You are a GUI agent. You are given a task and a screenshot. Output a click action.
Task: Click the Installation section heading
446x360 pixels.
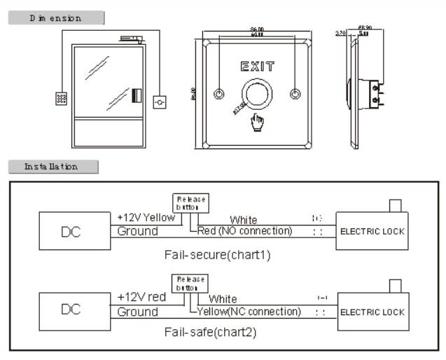[x=53, y=167]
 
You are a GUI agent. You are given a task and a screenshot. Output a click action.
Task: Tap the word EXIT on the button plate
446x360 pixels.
[x=258, y=67]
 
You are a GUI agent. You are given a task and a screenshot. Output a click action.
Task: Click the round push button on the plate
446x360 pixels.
[x=258, y=93]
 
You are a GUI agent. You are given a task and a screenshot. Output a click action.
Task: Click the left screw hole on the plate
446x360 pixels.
[x=220, y=94]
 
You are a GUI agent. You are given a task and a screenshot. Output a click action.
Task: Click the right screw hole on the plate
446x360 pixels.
[x=295, y=94]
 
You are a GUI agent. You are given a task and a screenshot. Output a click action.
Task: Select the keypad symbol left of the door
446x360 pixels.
[x=62, y=99]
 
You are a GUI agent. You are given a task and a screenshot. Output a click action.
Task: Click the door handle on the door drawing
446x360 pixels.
[x=137, y=96]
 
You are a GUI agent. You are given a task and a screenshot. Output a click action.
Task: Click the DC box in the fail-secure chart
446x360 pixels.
[x=74, y=230]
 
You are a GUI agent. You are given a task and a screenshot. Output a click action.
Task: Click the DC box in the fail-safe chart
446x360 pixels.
[x=74, y=309]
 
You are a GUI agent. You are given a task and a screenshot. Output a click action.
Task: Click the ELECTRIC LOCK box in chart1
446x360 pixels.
[x=372, y=230]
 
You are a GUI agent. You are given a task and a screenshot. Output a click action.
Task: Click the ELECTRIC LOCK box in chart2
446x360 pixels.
[x=372, y=312]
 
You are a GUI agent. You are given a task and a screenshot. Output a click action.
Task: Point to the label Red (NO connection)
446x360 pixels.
[x=245, y=230]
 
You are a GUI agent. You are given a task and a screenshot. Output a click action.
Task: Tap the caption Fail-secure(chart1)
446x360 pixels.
[x=217, y=254]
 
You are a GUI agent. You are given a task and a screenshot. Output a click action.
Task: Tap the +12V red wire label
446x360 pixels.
[x=141, y=297]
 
